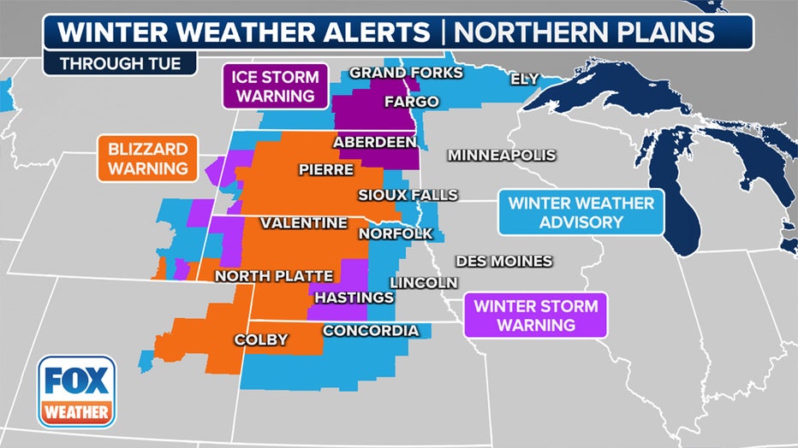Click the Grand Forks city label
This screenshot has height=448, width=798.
406,73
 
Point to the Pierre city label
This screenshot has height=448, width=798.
325,169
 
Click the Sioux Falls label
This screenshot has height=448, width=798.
408,195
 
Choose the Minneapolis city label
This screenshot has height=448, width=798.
502,155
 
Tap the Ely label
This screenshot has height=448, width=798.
524,79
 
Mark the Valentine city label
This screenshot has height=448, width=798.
304,222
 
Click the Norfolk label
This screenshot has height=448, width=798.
396,233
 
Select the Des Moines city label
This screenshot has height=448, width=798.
504,261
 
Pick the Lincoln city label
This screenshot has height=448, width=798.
424,282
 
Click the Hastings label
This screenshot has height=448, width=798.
354,298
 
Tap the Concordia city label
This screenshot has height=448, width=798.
371,331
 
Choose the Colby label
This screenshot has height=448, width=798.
261,339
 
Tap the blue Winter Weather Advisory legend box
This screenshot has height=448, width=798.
581,213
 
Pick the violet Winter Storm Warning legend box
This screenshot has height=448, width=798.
536,315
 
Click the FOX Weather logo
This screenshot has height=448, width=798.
76,391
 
